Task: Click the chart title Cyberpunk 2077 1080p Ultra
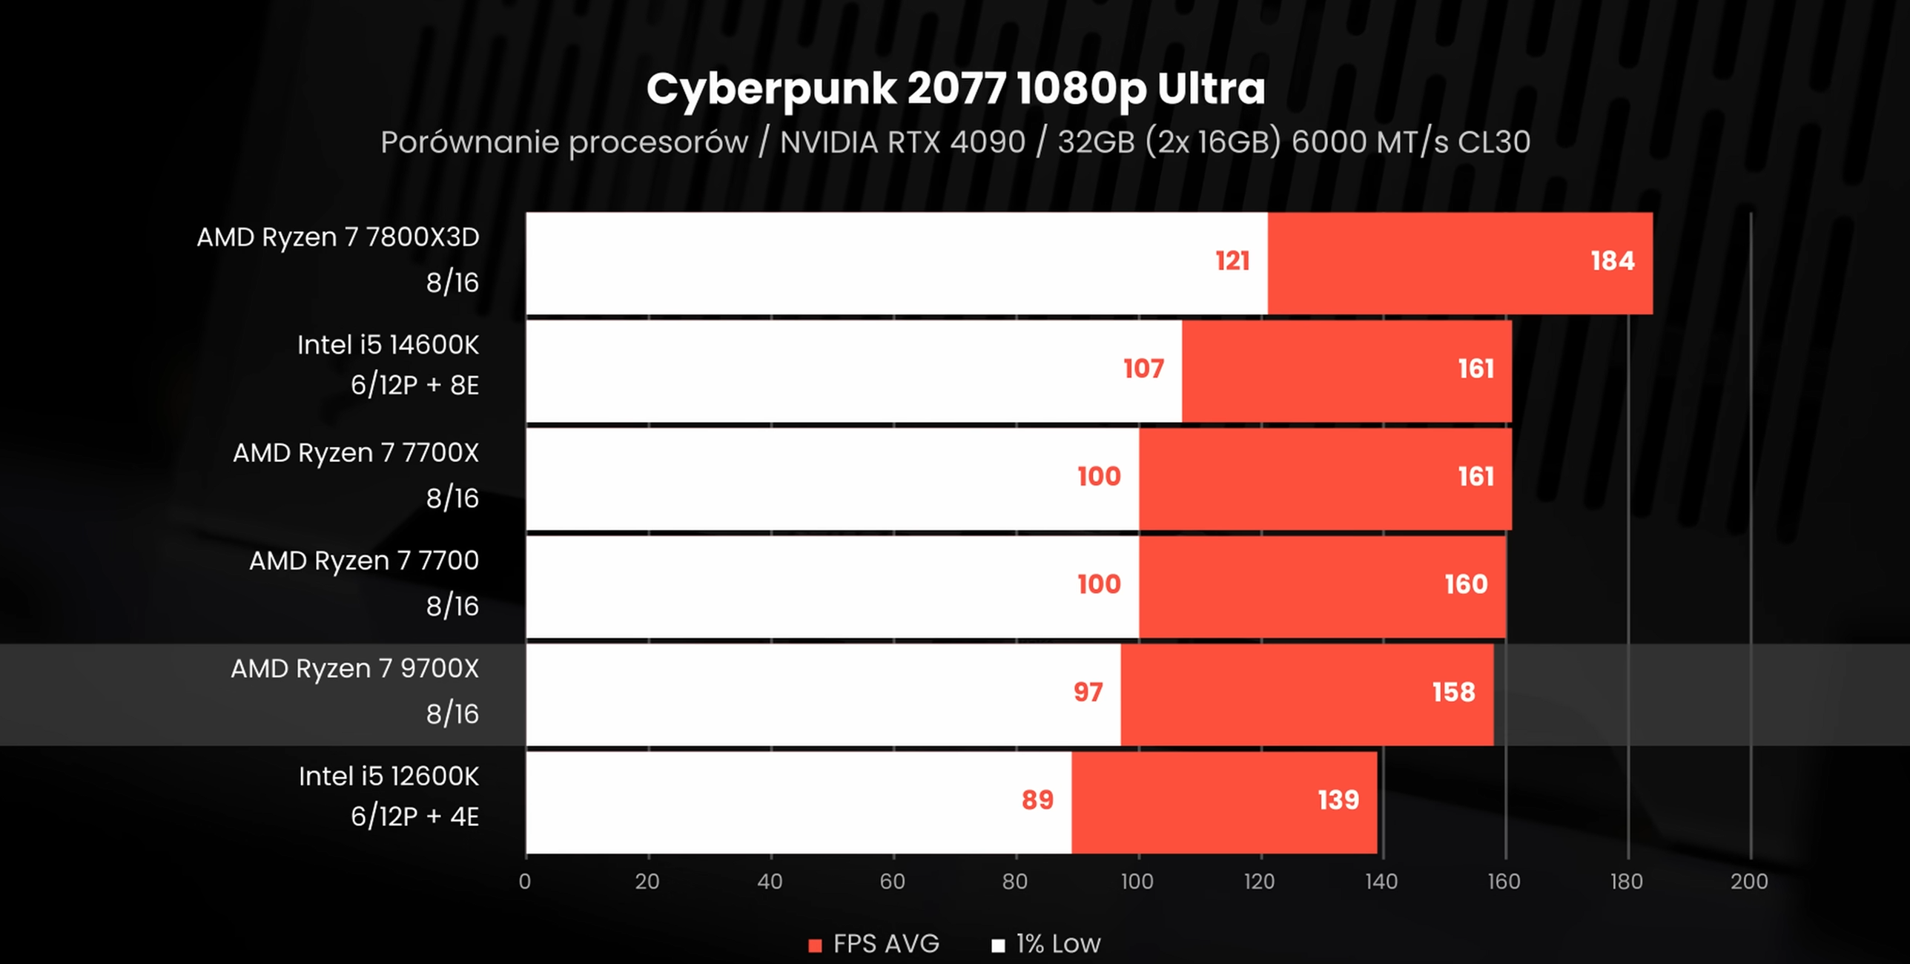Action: click(x=955, y=90)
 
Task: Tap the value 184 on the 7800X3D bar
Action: click(x=1612, y=261)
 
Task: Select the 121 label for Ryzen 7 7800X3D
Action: click(x=1232, y=261)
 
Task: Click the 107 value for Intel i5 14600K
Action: click(x=1143, y=369)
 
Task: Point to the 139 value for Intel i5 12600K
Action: click(x=1338, y=800)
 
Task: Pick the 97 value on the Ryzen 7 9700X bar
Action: click(x=1088, y=692)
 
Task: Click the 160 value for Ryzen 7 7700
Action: click(x=1465, y=584)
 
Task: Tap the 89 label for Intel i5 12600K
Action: click(x=1037, y=800)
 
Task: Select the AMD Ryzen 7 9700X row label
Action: click(x=354, y=669)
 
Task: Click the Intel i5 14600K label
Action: click(x=388, y=346)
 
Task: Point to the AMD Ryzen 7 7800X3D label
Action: click(x=337, y=237)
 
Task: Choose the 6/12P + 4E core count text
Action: click(x=414, y=816)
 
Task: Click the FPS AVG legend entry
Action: click(x=874, y=944)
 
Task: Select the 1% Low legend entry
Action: click(x=1047, y=944)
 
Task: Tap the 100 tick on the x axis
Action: click(x=1137, y=882)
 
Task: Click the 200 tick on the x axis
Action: click(x=1749, y=882)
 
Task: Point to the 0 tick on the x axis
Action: click(x=525, y=882)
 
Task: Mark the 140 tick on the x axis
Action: click(x=1381, y=882)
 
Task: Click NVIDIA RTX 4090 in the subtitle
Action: click(x=902, y=142)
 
